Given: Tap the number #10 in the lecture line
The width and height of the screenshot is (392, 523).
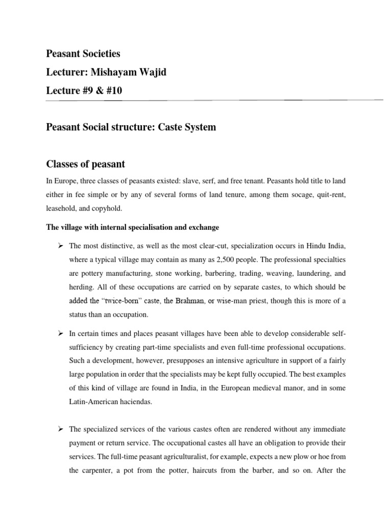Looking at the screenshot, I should pos(114,91).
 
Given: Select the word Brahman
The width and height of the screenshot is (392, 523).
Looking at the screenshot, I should pos(188,301).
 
